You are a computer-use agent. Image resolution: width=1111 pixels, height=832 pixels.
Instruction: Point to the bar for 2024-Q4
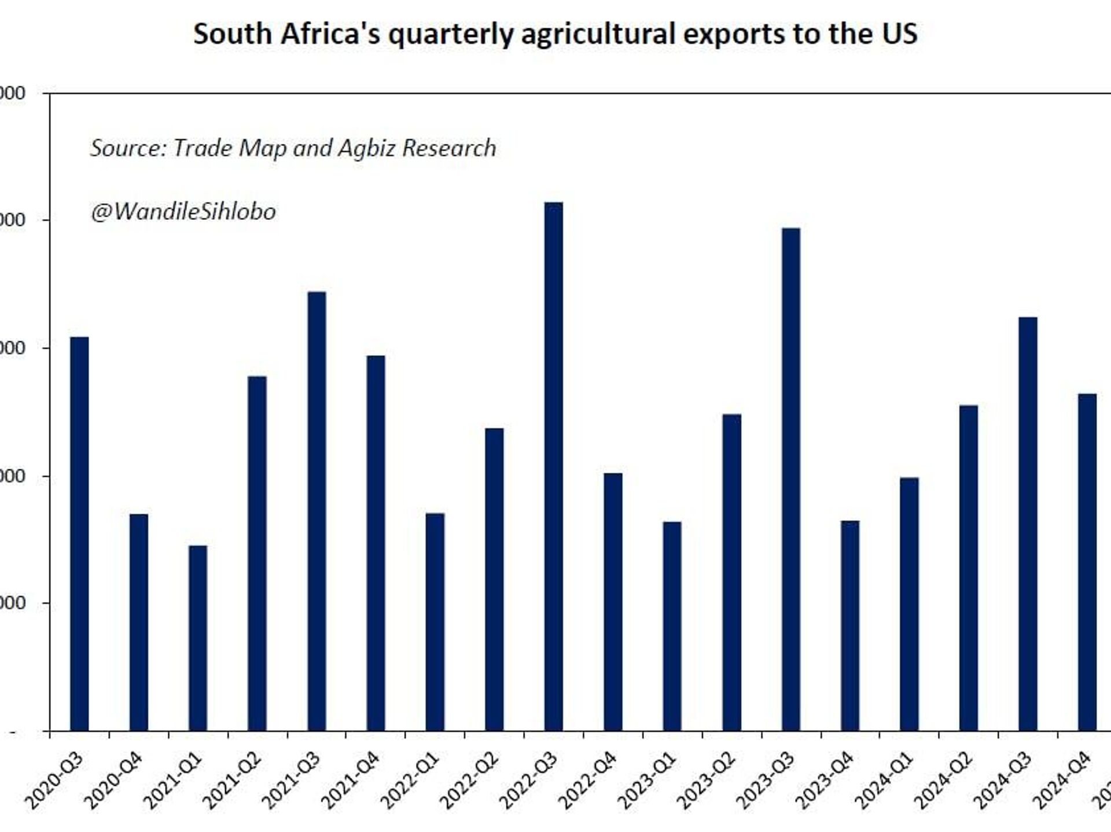coord(1087,562)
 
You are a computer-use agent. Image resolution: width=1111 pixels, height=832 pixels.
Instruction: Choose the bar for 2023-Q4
coord(849,625)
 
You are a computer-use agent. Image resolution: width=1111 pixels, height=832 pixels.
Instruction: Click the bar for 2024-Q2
coord(968,568)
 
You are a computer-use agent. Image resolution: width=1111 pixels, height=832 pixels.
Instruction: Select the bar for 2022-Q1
coord(435,622)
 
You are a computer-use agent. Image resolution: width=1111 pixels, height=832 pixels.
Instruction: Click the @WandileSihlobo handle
coord(183,212)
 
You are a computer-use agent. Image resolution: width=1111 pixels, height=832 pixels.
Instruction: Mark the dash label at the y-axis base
coord(13,732)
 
